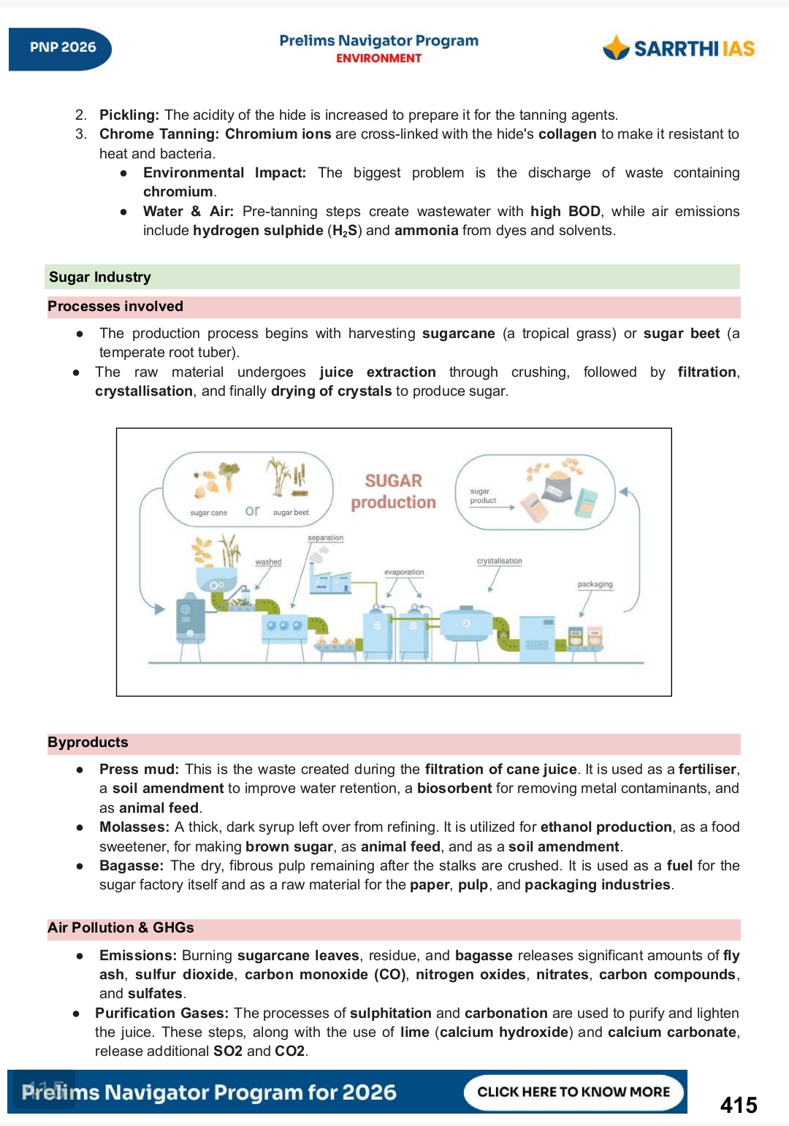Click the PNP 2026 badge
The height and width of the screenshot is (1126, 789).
point(62,48)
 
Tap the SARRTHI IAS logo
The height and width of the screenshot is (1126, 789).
point(679,48)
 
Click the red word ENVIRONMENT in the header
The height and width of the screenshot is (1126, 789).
point(378,58)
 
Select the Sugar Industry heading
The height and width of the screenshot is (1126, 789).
point(100,277)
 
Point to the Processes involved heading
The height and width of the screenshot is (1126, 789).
point(115,307)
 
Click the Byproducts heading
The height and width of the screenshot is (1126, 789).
point(88,743)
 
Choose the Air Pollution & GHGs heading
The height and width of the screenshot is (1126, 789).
point(121,928)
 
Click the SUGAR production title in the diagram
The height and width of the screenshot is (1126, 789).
point(393,491)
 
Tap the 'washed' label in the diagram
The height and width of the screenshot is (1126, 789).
point(268,562)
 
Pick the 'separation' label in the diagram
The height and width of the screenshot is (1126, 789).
point(325,538)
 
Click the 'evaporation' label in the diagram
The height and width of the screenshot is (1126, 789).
point(404,572)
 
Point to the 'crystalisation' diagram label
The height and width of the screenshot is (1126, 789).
point(499,562)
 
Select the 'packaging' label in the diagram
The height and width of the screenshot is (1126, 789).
point(595,585)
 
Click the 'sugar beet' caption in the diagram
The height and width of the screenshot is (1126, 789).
point(291,513)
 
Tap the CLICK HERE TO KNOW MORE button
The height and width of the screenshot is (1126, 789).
point(573,1092)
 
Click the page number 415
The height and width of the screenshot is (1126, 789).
point(738,1105)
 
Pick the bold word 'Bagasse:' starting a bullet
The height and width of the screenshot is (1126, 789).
point(131,866)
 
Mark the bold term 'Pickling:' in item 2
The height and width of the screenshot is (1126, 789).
point(129,115)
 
